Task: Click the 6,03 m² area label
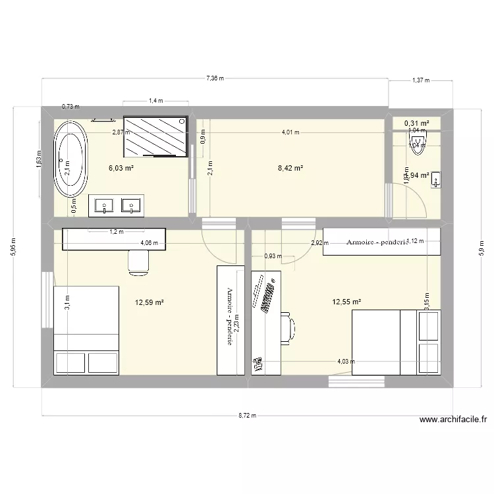point(121,168)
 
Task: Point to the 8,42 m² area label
point(290,168)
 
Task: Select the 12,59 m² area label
point(150,303)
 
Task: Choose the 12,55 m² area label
point(347,302)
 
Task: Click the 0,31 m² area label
point(416,123)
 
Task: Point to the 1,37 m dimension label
point(420,80)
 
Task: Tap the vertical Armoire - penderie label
point(230,317)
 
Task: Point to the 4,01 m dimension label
point(290,132)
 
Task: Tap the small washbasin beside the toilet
point(437,178)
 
